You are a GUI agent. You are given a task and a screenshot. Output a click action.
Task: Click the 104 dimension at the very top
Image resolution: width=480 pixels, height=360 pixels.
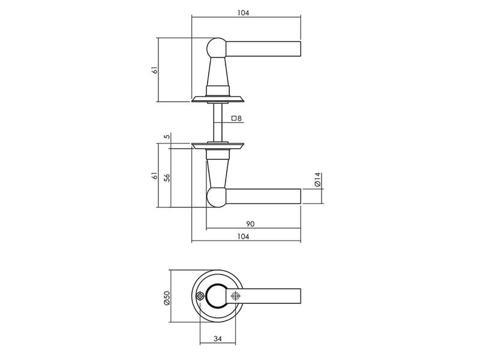coord(243,13)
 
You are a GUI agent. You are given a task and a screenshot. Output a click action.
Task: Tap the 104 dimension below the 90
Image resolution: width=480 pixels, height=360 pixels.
coord(243,236)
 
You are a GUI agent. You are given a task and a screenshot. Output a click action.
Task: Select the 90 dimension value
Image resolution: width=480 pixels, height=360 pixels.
coord(250,224)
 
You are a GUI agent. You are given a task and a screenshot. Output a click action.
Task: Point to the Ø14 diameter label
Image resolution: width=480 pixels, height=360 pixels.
coord(317,179)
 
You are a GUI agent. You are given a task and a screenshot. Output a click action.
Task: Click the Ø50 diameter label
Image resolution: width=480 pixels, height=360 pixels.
coord(167,298)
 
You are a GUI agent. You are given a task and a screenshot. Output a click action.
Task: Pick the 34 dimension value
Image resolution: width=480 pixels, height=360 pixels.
coord(217,339)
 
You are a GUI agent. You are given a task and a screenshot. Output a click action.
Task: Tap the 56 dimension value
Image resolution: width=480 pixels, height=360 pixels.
coord(167,178)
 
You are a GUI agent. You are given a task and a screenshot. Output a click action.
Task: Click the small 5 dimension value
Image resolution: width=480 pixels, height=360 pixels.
coord(167,137)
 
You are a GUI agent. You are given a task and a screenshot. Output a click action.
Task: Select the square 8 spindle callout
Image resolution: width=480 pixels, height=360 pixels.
coord(236,118)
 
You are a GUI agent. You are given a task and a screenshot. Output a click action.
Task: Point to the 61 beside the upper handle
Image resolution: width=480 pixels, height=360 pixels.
coord(155,70)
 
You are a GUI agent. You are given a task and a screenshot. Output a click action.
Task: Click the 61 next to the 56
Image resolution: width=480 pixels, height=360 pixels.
coord(155,176)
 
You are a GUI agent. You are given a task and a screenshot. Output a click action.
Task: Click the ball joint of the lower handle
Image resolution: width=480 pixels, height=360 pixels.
coord(217,197)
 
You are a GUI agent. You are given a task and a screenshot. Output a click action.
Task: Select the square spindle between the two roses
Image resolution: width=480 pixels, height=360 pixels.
coord(218,123)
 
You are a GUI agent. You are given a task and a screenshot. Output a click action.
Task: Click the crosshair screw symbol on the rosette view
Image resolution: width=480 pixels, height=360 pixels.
coord(235,296)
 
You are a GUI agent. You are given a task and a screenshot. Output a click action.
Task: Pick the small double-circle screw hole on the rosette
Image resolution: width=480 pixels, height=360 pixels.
coord(200,296)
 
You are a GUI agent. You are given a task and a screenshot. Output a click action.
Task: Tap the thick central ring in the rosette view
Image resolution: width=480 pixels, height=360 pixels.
coord(217,284)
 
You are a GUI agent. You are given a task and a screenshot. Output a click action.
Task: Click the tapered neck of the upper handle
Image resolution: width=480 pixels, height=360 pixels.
coord(218,72)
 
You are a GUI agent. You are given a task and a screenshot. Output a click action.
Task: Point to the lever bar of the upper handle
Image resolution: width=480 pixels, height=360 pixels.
coord(263,49)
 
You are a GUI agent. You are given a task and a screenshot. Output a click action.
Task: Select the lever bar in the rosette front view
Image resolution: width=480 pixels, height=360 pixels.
coord(263,296)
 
